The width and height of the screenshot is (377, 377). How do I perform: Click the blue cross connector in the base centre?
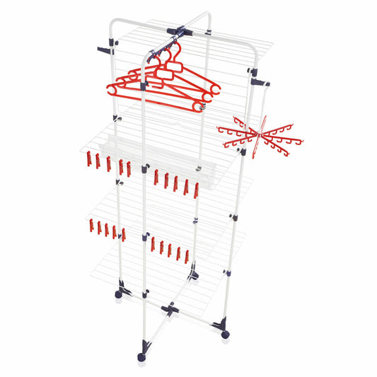pos(170,308)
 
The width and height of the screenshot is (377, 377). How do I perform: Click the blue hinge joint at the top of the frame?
pos(180,33)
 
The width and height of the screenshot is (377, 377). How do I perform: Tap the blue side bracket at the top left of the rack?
pos(105,50)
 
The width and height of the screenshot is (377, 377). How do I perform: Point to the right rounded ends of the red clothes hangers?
pos(211,91)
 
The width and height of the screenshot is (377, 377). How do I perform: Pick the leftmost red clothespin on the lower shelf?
pos(91,226)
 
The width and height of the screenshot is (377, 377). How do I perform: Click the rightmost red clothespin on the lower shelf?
pos(187,255)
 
